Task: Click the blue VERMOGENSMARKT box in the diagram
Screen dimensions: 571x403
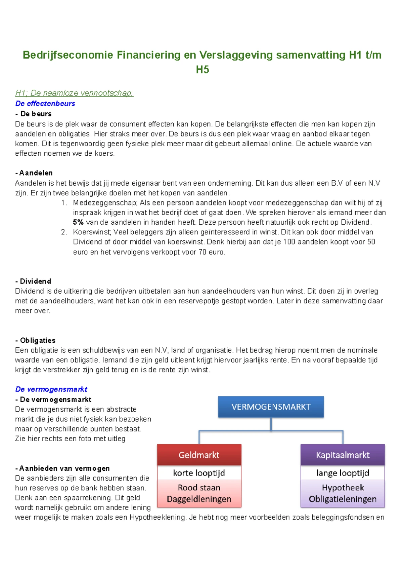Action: point(271,407)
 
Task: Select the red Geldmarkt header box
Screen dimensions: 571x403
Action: point(199,455)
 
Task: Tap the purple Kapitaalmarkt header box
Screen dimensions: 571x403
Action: point(343,455)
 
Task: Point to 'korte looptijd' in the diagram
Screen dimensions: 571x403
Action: point(199,473)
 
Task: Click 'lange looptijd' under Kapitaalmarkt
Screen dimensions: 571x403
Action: point(343,473)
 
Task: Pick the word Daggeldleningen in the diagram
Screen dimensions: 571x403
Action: point(199,499)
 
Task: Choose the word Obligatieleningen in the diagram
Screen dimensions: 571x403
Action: point(343,499)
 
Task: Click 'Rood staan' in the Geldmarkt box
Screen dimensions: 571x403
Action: point(199,488)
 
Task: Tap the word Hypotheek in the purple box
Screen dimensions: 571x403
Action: point(343,488)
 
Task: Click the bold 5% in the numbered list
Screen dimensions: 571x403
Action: point(78,222)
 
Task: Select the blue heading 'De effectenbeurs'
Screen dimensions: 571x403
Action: point(45,104)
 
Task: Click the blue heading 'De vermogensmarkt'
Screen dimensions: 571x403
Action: point(51,389)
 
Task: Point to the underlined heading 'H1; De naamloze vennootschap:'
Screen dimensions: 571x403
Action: point(74,93)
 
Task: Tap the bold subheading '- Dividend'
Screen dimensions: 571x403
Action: point(33,281)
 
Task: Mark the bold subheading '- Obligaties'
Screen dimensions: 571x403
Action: point(35,340)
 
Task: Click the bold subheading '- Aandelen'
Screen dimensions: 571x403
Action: point(34,173)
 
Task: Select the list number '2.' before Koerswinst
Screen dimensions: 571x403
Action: point(64,232)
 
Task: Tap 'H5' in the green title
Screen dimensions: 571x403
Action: point(202,70)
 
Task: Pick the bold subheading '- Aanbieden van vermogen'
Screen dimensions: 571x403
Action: point(62,468)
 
